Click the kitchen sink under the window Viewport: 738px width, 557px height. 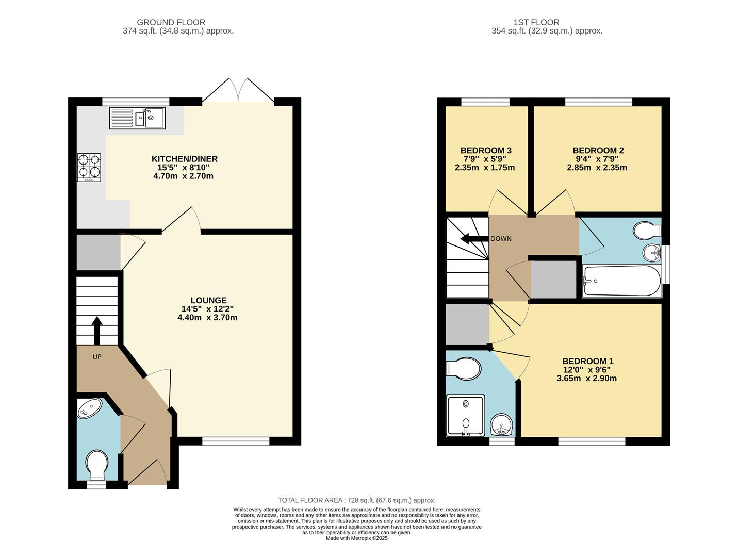(137, 118)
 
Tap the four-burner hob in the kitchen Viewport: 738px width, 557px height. (88, 167)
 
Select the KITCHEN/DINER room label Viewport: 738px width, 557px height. (184, 159)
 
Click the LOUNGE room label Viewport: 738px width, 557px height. (208, 300)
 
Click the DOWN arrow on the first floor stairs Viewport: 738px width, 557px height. (471, 239)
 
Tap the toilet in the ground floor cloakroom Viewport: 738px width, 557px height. (97, 463)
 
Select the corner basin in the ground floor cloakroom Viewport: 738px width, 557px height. (90, 408)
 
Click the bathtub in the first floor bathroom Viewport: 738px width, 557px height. (621, 281)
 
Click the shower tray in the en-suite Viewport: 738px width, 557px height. (466, 415)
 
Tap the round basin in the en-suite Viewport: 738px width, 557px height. (501, 425)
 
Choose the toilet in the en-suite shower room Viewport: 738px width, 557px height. (463, 368)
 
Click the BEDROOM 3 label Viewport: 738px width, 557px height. (486, 151)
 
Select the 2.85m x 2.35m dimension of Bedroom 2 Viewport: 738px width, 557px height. (597, 168)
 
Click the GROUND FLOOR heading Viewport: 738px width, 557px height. (171, 22)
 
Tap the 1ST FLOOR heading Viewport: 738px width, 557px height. (536, 22)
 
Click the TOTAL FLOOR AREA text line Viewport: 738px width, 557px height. (356, 500)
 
